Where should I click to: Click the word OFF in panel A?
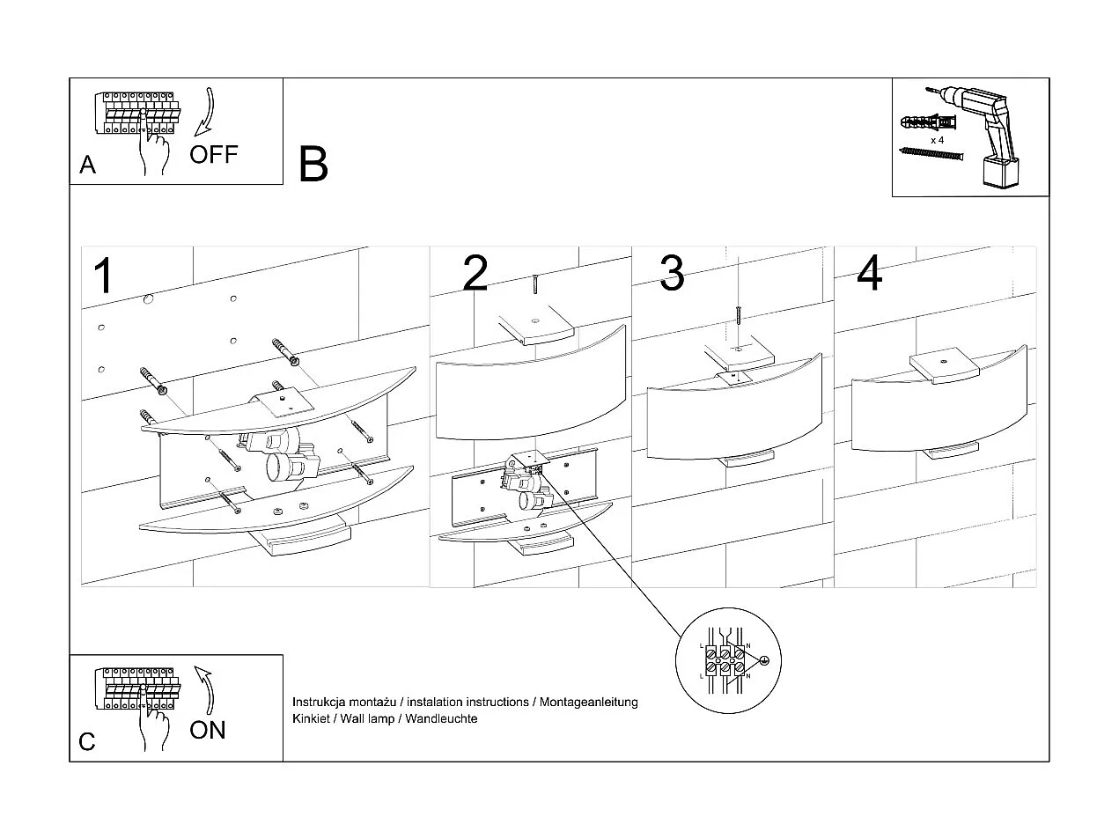pyautogui.click(x=214, y=155)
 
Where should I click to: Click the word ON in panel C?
pyautogui.click(x=208, y=730)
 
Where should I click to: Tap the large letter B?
pyautogui.click(x=313, y=164)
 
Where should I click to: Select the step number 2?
pyautogui.click(x=475, y=273)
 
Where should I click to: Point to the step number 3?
pyautogui.click(x=672, y=273)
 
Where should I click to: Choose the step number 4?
pyautogui.click(x=870, y=273)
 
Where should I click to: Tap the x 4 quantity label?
pyautogui.click(x=938, y=140)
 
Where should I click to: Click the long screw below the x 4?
pyautogui.click(x=931, y=155)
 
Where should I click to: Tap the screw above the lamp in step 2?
pyautogui.click(x=534, y=286)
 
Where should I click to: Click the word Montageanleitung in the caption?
pyautogui.click(x=588, y=703)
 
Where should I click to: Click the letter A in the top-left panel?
pyautogui.click(x=87, y=165)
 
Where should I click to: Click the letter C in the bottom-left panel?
pyautogui.click(x=87, y=741)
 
